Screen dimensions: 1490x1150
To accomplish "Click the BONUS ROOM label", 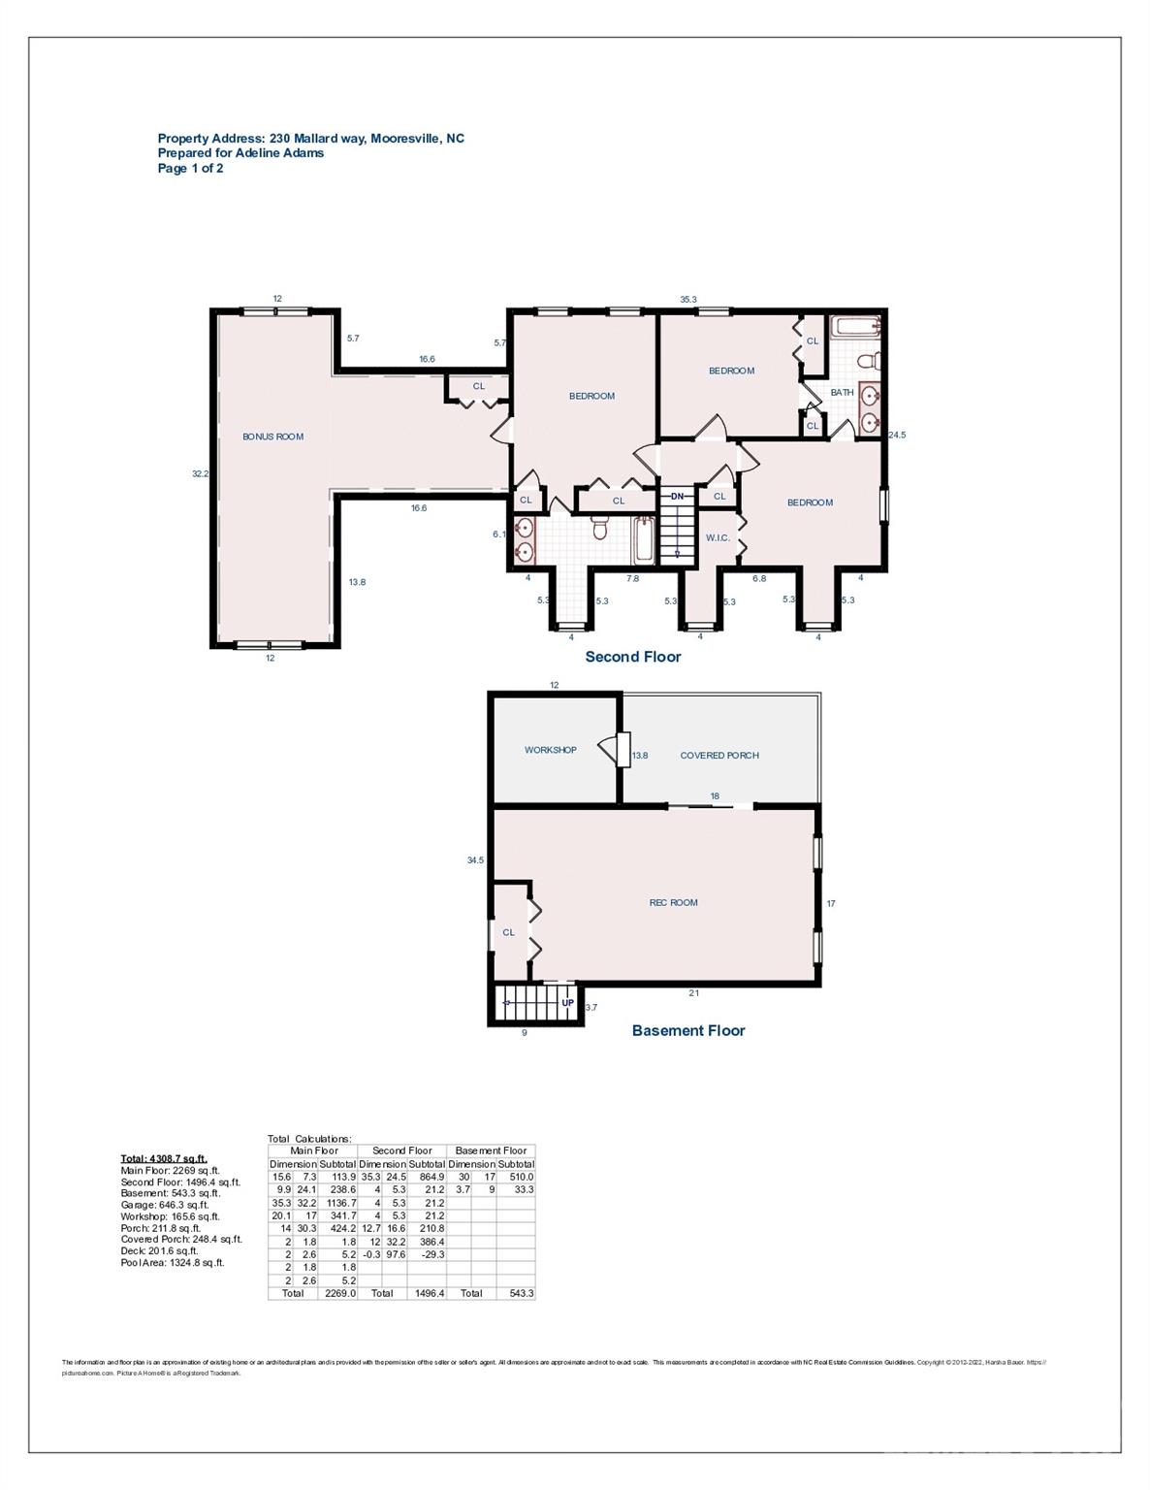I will [x=272, y=437].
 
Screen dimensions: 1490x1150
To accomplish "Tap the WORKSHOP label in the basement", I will [x=550, y=750].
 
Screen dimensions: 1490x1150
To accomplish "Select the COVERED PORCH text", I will [x=719, y=755].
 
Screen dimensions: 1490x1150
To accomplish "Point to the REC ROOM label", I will [x=673, y=902].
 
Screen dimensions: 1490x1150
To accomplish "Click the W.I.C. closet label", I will [x=717, y=537].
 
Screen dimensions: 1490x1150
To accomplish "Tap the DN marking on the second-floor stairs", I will [x=678, y=497].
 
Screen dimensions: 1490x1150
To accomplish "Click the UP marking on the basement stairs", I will [x=568, y=1002].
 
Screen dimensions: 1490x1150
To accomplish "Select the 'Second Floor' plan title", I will [x=632, y=657].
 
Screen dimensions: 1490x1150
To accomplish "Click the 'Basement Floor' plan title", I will [x=687, y=1030].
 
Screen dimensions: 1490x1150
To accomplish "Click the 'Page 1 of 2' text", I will [x=190, y=168].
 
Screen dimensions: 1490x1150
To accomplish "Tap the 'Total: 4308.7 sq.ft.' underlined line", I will [x=163, y=1158].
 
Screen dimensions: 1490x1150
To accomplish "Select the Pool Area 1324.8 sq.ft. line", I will [x=172, y=1263].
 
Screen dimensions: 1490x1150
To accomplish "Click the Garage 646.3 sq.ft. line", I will [x=170, y=1205].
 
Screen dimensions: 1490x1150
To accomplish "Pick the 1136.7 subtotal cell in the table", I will [x=339, y=1203].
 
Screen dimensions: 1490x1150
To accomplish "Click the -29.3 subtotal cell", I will [x=429, y=1254].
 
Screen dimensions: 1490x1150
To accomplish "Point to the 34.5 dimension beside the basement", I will [x=475, y=859].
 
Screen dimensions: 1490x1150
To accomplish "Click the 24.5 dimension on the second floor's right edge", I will [x=896, y=435].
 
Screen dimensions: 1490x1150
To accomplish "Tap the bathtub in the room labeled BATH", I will [x=854, y=326].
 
